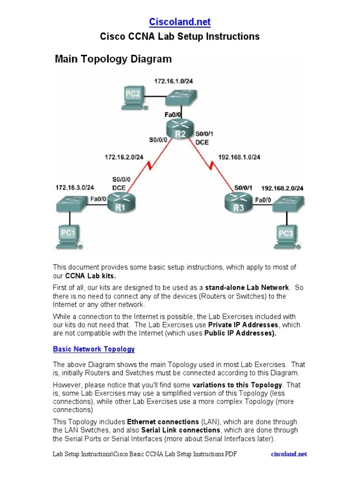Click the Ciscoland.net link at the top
point(180,22)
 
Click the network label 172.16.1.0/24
point(173,81)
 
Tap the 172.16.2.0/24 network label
point(124,157)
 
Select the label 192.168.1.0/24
point(240,157)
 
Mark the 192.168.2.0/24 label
point(282,188)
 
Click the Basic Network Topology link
point(94,349)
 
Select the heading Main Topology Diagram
point(113,59)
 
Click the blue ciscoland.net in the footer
point(289,454)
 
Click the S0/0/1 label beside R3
point(243,188)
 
